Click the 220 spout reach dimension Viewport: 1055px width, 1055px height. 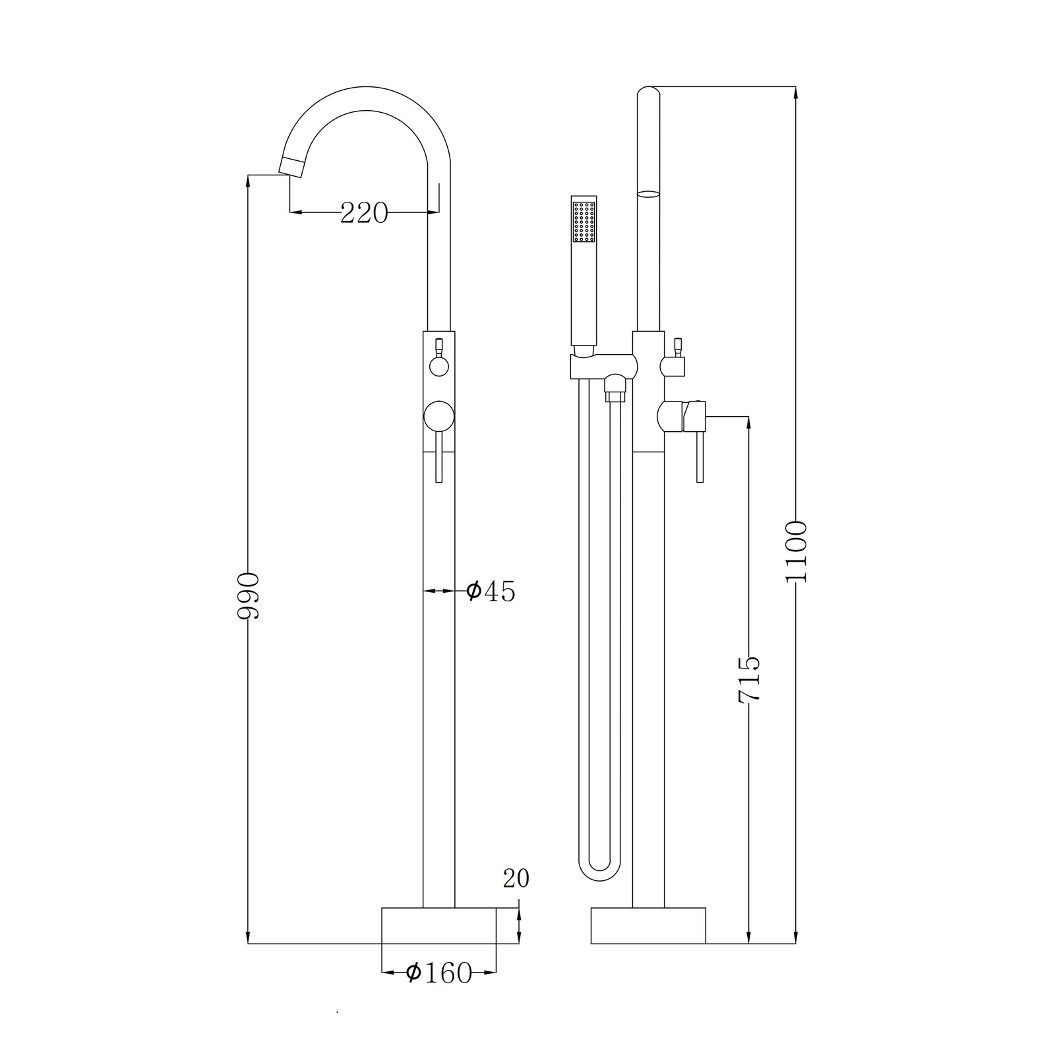point(364,213)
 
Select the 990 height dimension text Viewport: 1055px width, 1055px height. point(249,596)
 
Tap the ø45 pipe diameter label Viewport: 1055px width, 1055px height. point(491,591)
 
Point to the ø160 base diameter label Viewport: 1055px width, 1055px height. point(438,973)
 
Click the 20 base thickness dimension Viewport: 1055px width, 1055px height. point(516,878)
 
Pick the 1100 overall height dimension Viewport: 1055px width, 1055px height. point(796,552)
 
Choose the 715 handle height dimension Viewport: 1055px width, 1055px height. point(749,680)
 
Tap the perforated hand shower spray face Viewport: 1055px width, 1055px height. point(584,221)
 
